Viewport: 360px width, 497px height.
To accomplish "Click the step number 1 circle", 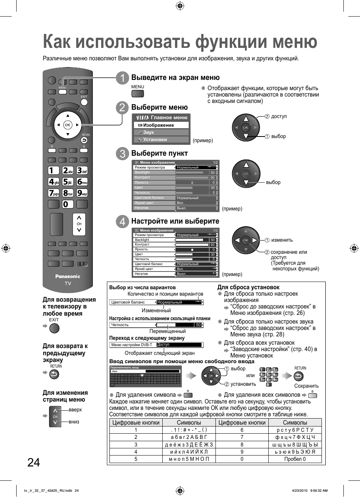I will (x=122, y=78).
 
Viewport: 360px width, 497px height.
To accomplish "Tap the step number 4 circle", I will (x=122, y=221).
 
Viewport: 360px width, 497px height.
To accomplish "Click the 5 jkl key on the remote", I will (x=68, y=182).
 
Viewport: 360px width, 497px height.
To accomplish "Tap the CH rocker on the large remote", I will (x=79, y=224).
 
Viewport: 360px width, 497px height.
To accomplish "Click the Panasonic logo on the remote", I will (x=68, y=276).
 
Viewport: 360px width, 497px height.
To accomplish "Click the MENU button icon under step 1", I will (x=137, y=93).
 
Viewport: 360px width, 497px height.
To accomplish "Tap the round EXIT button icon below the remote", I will (x=54, y=328).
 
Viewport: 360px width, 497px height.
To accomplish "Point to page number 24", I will (x=34, y=462).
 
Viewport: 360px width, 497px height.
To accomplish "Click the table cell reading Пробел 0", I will (x=295, y=459).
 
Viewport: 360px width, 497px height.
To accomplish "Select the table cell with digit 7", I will (x=242, y=437).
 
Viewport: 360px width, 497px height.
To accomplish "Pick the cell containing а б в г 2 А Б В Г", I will (x=189, y=437).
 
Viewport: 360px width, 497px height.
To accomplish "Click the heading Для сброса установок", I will (x=248, y=287).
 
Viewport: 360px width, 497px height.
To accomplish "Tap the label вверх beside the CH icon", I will (x=75, y=410).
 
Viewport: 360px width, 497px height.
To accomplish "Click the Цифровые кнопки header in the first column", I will (x=136, y=423).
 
